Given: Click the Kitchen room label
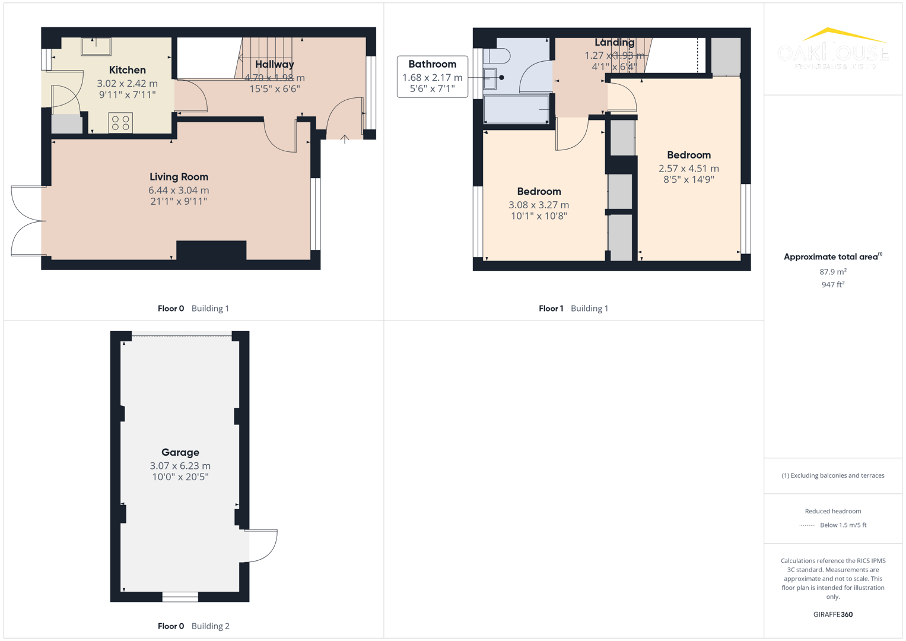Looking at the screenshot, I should click(x=127, y=70).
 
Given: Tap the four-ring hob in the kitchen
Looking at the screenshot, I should click(x=120, y=123).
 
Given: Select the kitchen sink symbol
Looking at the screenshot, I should click(x=96, y=46).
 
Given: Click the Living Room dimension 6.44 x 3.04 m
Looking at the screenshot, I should click(x=179, y=191).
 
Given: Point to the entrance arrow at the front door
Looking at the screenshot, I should click(x=345, y=139).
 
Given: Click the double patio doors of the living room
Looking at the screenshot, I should click(x=28, y=221).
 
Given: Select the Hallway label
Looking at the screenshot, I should click(x=274, y=64).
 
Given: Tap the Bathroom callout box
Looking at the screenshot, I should click(x=432, y=77).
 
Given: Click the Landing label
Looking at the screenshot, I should click(x=614, y=43).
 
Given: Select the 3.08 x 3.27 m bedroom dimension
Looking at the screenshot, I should click(x=538, y=205).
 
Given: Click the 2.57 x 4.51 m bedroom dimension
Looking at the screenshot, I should click(x=688, y=169).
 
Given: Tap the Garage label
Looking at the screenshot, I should click(x=180, y=452).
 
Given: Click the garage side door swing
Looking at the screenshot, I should click(x=262, y=545).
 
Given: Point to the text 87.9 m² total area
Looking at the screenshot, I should click(x=832, y=272).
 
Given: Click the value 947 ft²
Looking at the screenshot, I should click(x=832, y=285).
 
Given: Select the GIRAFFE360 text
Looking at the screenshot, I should click(x=832, y=614).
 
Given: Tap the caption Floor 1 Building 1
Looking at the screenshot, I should click(x=573, y=309).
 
